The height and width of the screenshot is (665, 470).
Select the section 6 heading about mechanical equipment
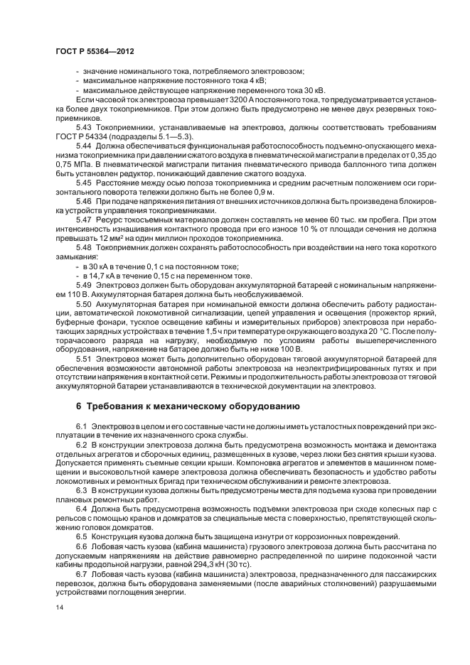point(188,406)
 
